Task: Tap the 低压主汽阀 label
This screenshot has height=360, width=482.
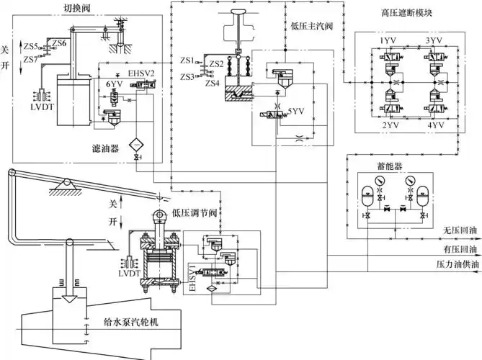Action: coord(311,26)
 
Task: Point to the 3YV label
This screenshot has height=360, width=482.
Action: coord(434,40)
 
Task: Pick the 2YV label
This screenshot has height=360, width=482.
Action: coord(390,125)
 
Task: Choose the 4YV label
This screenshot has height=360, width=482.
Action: coord(436,125)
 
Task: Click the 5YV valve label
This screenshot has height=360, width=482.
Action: coord(296,111)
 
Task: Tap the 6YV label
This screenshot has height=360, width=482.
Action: coord(114,84)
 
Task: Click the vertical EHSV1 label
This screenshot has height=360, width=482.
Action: coord(192,277)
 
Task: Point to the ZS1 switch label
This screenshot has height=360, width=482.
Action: coord(187,60)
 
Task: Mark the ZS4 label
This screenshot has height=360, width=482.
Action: coord(212,84)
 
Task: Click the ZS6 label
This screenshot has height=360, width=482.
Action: coord(59,43)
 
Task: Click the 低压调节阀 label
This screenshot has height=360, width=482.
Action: coord(195,212)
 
